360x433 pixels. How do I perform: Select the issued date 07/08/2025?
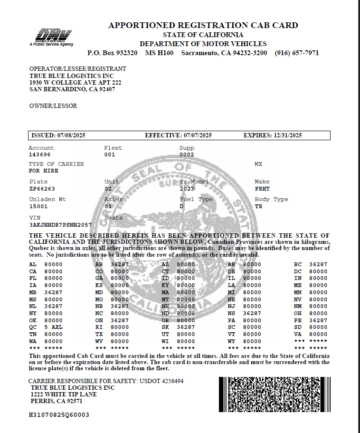tap(71, 135)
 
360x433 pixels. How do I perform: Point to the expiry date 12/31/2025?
tap(288, 135)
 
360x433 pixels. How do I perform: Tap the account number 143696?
tap(39, 154)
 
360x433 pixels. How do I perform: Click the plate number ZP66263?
tap(42, 189)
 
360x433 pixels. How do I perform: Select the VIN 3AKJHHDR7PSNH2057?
tap(60, 224)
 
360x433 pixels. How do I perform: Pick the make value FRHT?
tap(262, 189)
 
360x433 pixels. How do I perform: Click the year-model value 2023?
tap(187, 189)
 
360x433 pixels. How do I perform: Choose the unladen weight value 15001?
tap(38, 206)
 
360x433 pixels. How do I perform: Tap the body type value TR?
tap(258, 206)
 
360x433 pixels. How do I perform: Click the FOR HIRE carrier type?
tap(44, 171)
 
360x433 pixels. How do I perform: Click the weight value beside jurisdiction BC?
tap(318, 264)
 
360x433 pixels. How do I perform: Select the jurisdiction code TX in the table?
tap(99, 334)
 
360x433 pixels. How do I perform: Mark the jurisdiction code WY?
tap(232, 341)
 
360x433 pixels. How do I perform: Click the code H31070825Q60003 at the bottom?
tap(59, 414)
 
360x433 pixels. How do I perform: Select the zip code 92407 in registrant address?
tap(106, 89)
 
